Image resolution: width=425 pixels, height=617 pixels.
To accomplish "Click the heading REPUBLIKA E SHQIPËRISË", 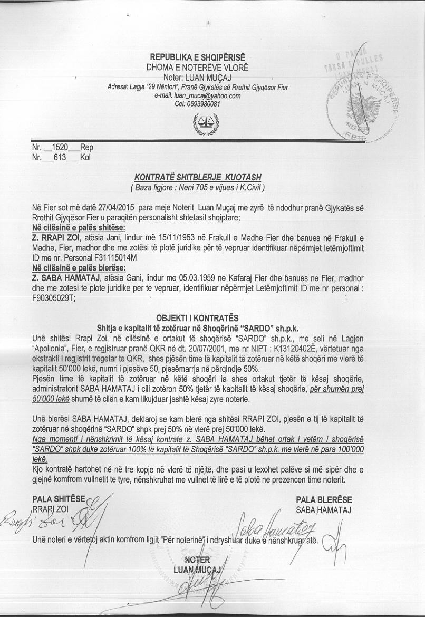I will [197, 57].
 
